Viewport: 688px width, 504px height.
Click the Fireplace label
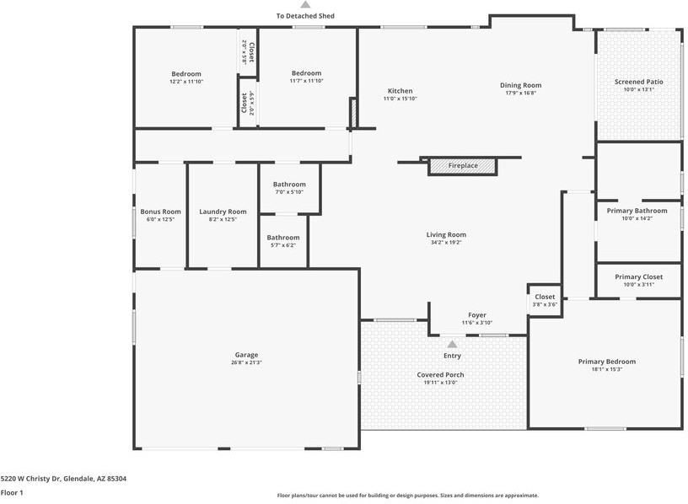point(462,166)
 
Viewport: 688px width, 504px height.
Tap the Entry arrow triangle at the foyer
point(452,344)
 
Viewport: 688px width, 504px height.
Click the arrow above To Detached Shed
point(305,5)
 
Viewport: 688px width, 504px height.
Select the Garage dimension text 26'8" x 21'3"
point(246,363)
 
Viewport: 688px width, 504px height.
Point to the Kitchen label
point(400,91)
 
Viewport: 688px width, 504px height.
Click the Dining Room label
point(520,85)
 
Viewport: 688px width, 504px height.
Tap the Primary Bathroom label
point(637,211)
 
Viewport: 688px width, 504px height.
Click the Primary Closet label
point(638,276)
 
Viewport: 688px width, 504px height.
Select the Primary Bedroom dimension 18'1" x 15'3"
point(606,369)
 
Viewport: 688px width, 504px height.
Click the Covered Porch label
point(440,374)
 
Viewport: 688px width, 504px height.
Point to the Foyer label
point(477,315)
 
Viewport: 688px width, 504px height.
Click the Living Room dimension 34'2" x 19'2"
point(445,243)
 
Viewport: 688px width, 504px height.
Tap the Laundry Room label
point(223,212)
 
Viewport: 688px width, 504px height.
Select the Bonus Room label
point(160,212)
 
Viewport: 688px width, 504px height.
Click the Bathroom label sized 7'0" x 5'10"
point(289,185)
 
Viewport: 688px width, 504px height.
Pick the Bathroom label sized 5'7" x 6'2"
point(283,238)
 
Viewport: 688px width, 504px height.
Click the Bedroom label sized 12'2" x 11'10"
point(186,74)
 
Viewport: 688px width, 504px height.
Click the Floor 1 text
point(12,492)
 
